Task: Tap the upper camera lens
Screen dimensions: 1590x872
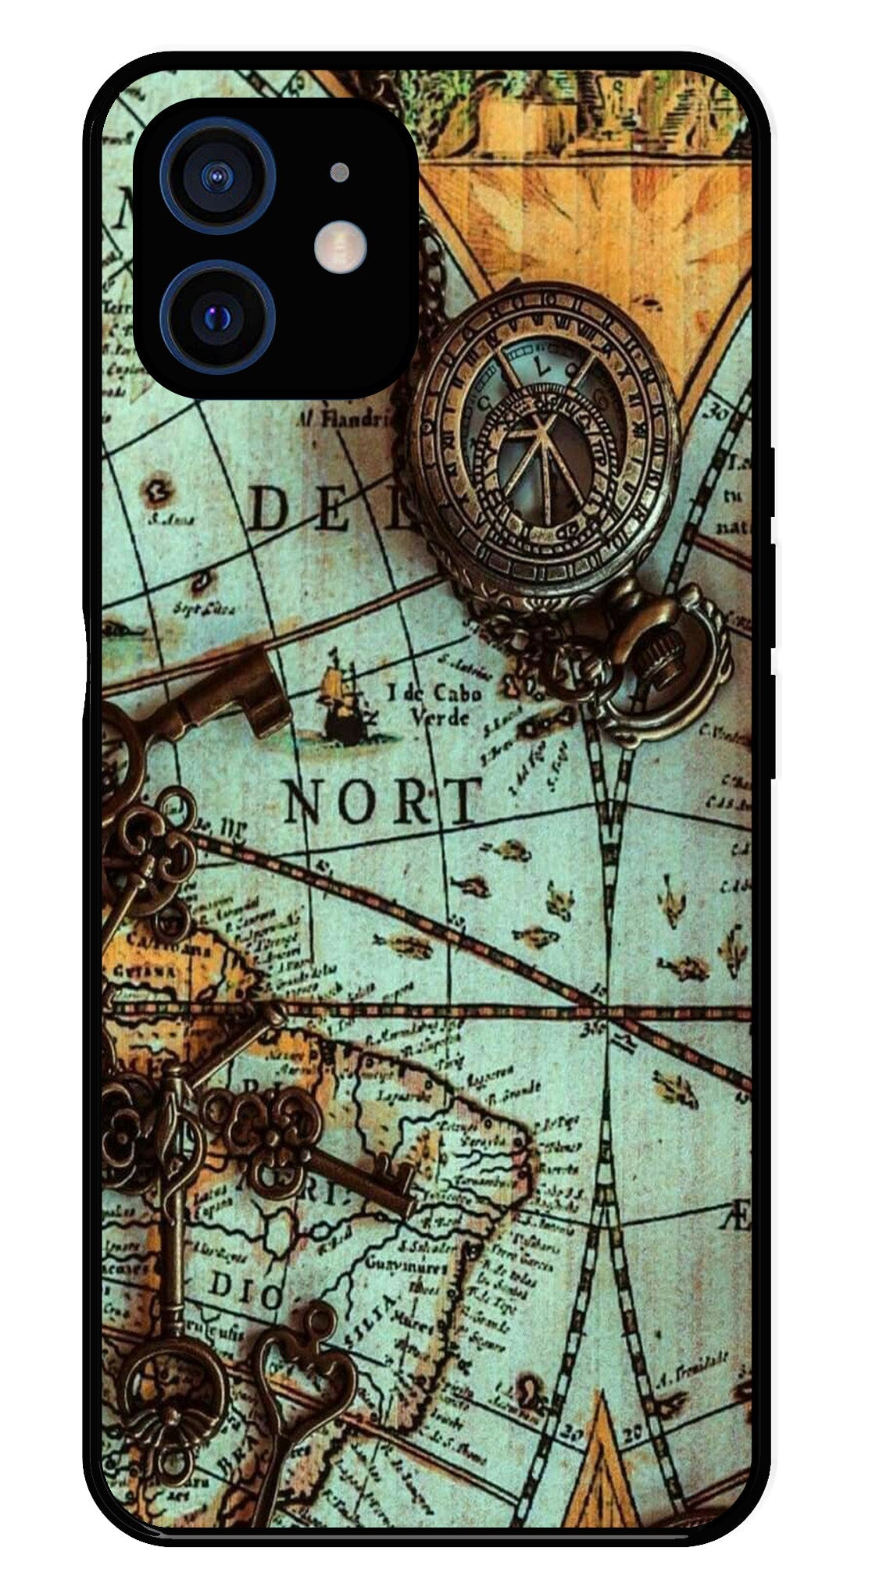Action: pyautogui.click(x=218, y=176)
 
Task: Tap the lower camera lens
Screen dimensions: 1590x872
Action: pyautogui.click(x=218, y=318)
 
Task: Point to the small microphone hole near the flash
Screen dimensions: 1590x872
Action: pyautogui.click(x=339, y=172)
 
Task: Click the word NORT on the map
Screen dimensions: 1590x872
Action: pyautogui.click(x=382, y=801)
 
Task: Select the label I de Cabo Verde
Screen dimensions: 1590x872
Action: pyautogui.click(x=434, y=704)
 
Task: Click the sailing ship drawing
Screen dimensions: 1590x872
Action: pyautogui.click(x=340, y=699)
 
